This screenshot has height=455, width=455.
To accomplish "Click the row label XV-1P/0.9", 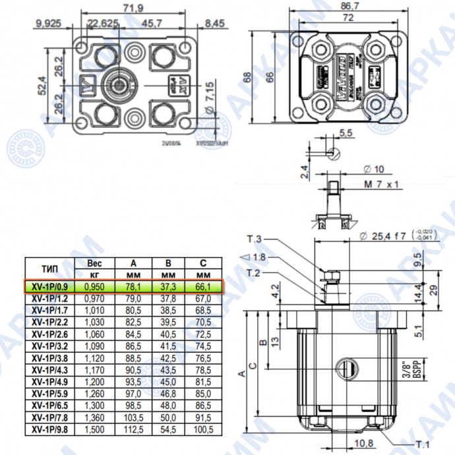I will [49, 286].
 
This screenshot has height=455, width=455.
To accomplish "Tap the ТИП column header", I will [49, 269].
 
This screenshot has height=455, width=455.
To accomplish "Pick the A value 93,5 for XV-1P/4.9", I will [135, 382].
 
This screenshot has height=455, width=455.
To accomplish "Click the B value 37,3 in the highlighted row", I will [169, 286].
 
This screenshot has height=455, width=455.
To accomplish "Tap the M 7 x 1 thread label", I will [382, 185].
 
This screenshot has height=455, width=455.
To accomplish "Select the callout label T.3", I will [255, 239].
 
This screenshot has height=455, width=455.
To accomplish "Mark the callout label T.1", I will [423, 444].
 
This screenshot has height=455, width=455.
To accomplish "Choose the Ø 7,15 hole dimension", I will [209, 93].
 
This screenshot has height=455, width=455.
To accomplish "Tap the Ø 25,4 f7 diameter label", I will [386, 235].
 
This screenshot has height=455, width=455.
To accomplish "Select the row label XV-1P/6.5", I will [49, 406].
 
